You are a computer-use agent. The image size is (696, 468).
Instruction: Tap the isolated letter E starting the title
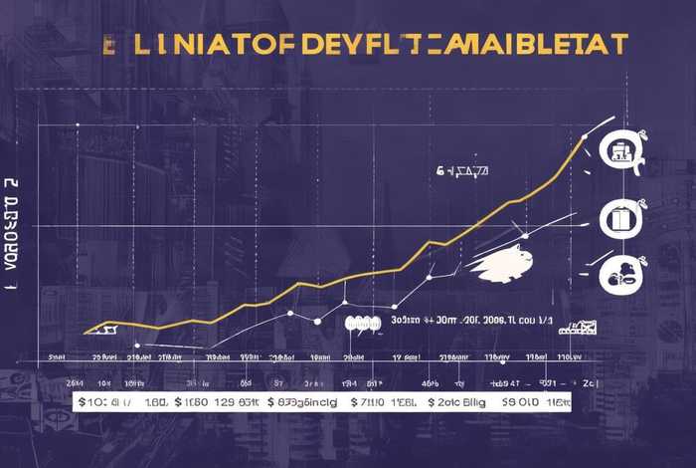tap(109, 45)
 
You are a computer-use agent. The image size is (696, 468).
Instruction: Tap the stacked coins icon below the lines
tap(363, 323)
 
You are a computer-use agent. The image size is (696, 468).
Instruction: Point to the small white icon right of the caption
tap(578, 327)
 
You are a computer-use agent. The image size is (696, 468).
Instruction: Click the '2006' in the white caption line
tap(467, 322)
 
